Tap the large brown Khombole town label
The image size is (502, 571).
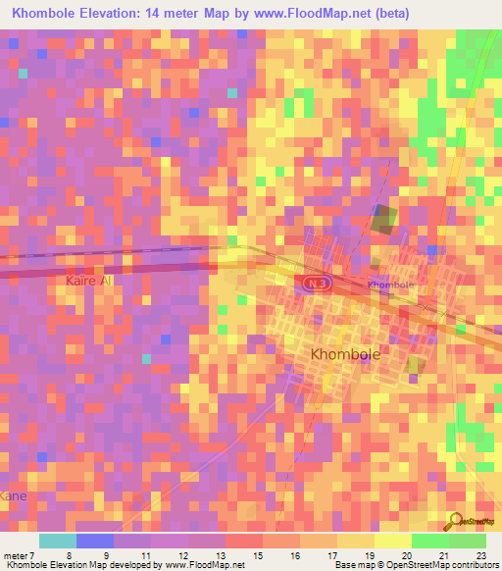(x=344, y=353)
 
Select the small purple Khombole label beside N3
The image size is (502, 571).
(x=390, y=285)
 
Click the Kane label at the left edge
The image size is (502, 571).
(x=13, y=496)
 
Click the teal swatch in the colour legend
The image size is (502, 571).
(x=57, y=541)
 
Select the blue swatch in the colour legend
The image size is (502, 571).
(x=95, y=541)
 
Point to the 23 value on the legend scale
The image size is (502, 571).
(x=480, y=555)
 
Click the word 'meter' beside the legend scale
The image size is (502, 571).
(x=16, y=555)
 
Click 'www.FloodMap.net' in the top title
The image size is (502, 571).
(x=311, y=14)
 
